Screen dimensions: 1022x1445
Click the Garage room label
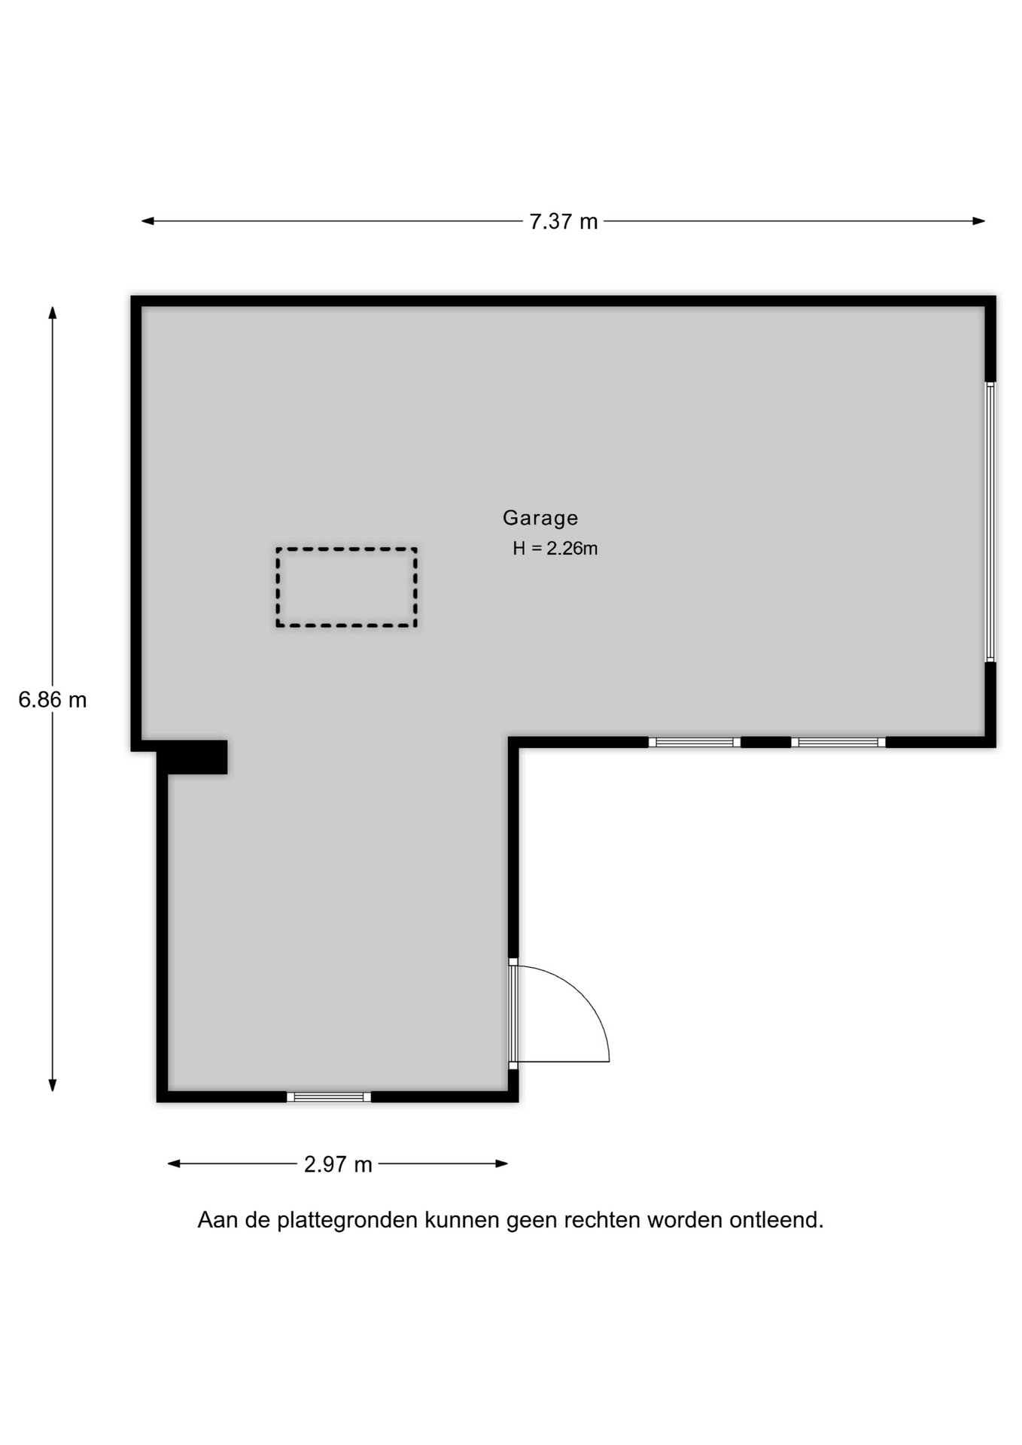tap(540, 518)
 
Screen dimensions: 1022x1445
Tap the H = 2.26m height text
tap(555, 549)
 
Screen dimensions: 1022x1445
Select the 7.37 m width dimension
tap(564, 222)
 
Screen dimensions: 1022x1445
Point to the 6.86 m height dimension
tap(53, 700)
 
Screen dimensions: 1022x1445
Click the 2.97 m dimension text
tap(338, 1164)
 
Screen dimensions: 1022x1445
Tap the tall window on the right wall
tap(990, 522)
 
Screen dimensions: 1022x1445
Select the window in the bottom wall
tap(329, 1097)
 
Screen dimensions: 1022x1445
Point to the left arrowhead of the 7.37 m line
tap(148, 221)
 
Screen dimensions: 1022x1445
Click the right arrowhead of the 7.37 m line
tap(979, 221)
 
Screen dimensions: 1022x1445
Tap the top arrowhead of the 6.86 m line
tap(53, 312)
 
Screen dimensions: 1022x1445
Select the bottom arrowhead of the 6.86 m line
tap(53, 1085)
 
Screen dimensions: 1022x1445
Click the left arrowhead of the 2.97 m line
tap(174, 1164)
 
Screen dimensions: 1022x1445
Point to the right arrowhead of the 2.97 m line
tap(502, 1164)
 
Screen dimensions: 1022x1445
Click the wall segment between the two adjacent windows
tap(765, 742)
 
